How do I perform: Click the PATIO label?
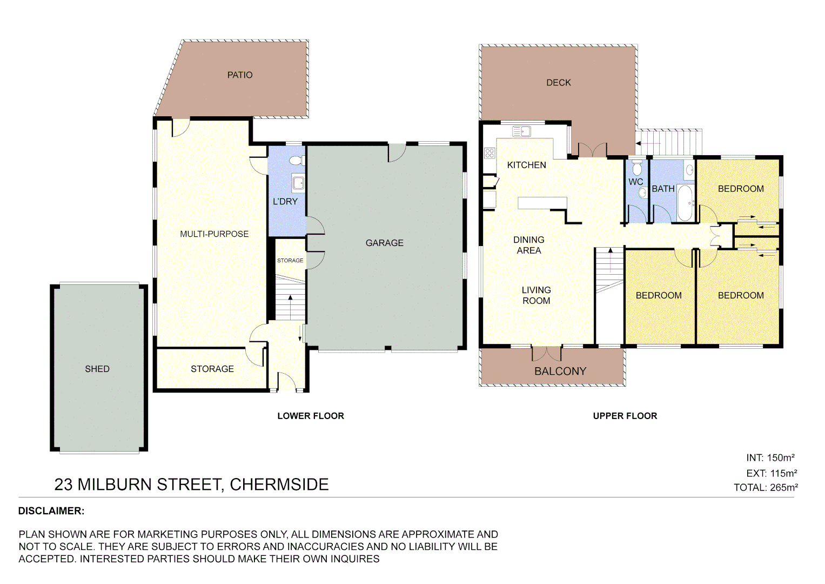pyautogui.click(x=240, y=75)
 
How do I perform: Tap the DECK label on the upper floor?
pyautogui.click(x=558, y=83)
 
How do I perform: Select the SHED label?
pyautogui.click(x=97, y=369)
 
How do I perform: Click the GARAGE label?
pyautogui.click(x=384, y=243)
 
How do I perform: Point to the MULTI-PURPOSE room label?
pyautogui.click(x=214, y=234)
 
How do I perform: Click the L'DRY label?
pyautogui.click(x=285, y=202)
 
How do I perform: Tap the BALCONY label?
pyautogui.click(x=560, y=371)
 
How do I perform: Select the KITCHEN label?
pyautogui.click(x=526, y=165)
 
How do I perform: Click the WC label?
pyautogui.click(x=635, y=182)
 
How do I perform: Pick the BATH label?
pyautogui.click(x=663, y=189)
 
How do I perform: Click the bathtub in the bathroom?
pyautogui.click(x=685, y=203)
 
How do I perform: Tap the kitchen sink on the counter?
pyautogui.click(x=521, y=131)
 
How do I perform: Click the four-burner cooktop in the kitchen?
pyautogui.click(x=489, y=153)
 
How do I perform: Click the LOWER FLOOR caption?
pyautogui.click(x=311, y=416)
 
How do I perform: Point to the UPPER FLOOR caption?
pyautogui.click(x=625, y=416)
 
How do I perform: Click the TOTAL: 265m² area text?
pyautogui.click(x=766, y=487)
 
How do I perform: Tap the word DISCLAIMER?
pyautogui.click(x=51, y=511)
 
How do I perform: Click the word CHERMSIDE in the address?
pyautogui.click(x=279, y=485)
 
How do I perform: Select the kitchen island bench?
pyautogui.click(x=542, y=203)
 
